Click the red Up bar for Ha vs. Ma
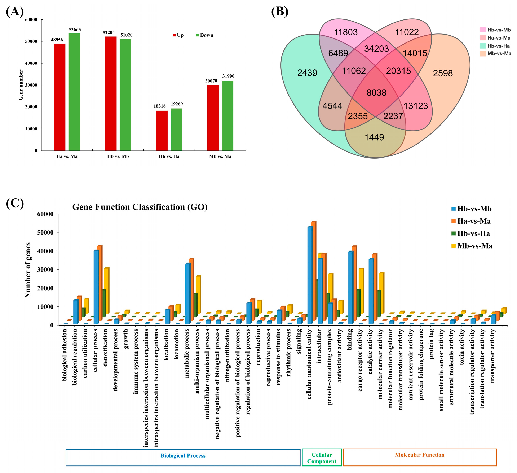pos(59,97)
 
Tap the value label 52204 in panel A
pos(109,33)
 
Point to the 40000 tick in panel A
pos(31,63)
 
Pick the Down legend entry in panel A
pos(204,35)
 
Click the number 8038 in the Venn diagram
pos(376,93)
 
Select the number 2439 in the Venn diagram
pos(307,73)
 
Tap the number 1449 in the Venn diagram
pos(374,137)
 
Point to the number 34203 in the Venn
pos(376,49)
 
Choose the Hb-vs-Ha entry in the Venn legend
pos(498,46)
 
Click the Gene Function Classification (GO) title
pos(140,207)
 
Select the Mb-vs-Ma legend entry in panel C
pos(474,246)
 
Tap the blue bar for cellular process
pos(96,287)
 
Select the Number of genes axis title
pos(28,270)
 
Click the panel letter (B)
pos(279,12)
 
